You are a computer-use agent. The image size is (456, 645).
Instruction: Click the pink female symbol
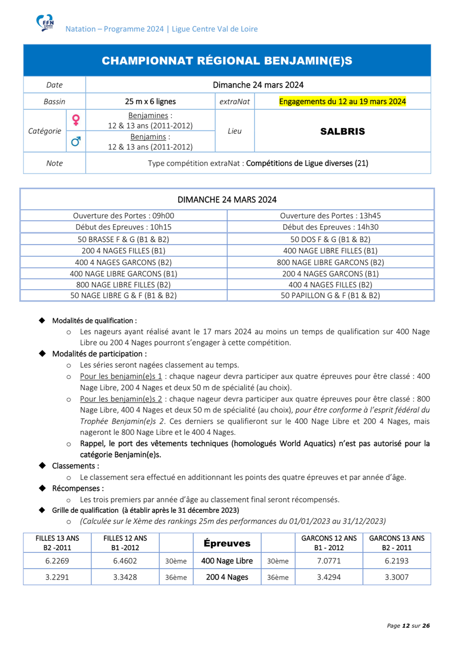(76, 119)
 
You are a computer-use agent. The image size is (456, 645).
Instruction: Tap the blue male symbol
(76, 141)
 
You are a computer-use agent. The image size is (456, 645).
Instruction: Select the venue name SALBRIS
(342, 131)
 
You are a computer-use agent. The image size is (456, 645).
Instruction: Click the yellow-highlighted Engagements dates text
(342, 101)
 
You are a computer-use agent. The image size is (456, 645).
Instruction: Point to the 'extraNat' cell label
(234, 101)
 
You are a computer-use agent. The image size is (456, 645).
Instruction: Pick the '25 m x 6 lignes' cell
(150, 101)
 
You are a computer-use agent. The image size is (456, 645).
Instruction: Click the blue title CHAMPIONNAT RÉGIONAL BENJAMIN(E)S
(227, 61)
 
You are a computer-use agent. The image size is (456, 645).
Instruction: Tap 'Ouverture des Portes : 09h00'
(124, 216)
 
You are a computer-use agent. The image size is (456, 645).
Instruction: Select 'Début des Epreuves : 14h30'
(331, 227)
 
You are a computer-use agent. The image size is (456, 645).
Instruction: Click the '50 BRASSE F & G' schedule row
(124, 239)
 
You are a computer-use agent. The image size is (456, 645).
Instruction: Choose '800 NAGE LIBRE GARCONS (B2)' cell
(331, 262)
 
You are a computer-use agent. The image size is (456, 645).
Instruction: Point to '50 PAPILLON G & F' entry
(331, 295)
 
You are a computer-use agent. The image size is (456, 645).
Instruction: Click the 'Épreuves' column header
(227, 543)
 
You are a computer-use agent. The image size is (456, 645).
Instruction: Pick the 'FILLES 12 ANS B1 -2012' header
(125, 542)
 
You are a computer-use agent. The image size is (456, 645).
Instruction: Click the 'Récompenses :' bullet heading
(78, 489)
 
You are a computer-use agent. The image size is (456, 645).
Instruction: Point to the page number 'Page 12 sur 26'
(409, 626)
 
